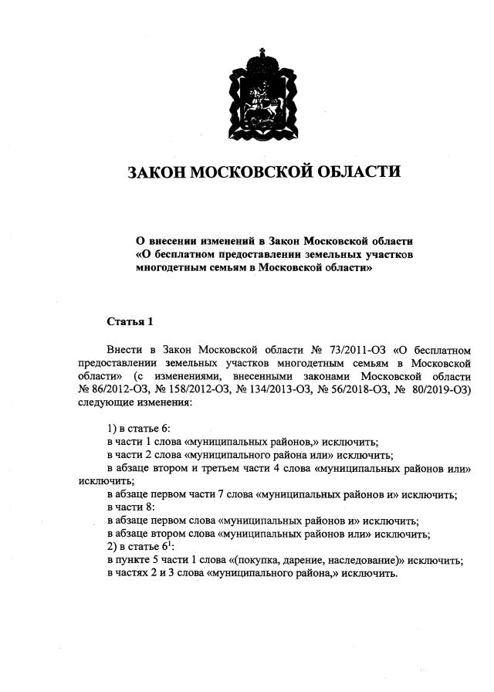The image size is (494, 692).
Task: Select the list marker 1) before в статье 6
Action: [x=111, y=428]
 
